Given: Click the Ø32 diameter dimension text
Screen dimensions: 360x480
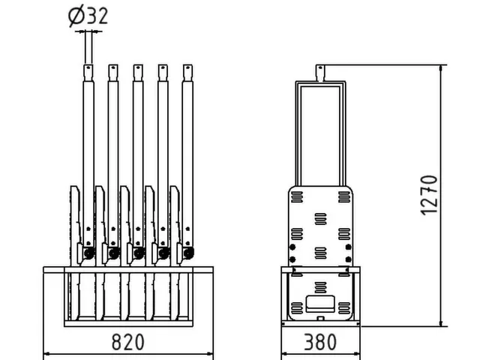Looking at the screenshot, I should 88,16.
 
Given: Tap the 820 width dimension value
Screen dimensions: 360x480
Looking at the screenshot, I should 128,343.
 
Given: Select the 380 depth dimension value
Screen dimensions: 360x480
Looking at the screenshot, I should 320,343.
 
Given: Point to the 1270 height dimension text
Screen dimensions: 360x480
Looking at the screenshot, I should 428,195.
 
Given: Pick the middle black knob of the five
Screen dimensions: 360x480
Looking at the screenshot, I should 138,253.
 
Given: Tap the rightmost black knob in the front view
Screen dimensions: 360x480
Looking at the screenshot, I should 187,253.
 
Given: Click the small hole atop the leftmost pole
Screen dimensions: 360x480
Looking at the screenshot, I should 88,69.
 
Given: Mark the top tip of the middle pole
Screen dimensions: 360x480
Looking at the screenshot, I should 137,65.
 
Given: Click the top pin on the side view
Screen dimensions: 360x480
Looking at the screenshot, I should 320,72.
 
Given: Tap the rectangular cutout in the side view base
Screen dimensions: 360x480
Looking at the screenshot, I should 320,307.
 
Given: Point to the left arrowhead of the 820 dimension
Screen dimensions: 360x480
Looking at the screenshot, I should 46,353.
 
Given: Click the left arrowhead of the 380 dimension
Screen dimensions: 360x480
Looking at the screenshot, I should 283,353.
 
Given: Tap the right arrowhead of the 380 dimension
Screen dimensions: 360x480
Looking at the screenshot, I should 358,353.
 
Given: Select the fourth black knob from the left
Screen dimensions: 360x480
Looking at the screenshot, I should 163,253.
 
